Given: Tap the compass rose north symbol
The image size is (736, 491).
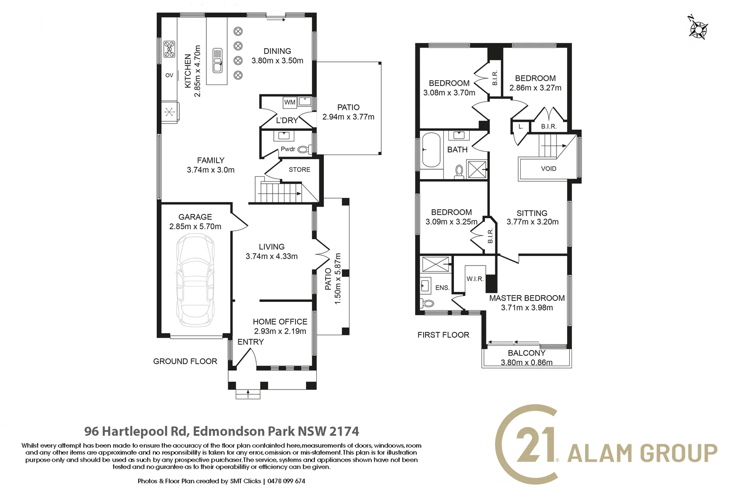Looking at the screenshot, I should [x=698, y=29].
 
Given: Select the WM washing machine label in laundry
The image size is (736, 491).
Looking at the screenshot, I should [x=290, y=102].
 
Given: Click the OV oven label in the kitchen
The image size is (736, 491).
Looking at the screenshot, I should [x=169, y=75].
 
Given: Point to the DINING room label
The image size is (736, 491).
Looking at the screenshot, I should [x=277, y=51].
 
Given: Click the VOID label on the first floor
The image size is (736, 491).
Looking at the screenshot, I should [x=548, y=169].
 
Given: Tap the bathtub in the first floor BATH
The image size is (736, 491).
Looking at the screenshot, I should [x=431, y=150].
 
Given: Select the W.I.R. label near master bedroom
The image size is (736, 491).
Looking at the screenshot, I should [x=475, y=279].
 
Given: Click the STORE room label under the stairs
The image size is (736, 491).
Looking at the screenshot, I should [x=299, y=170].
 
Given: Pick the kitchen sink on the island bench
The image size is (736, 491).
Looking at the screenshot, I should [x=218, y=60].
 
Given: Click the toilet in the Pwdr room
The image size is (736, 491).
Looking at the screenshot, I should [x=303, y=149].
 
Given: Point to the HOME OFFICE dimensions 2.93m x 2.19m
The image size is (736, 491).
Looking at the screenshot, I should [x=280, y=331].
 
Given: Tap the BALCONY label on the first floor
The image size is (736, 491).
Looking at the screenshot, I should [x=527, y=353].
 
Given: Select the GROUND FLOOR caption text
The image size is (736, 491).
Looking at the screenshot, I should [x=185, y=361].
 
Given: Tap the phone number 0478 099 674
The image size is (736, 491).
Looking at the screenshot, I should [x=286, y=481].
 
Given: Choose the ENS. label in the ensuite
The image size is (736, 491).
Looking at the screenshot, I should [x=442, y=288].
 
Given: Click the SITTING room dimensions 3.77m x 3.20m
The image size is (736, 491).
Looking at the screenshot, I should [x=532, y=222].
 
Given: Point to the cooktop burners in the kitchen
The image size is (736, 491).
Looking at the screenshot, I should [x=169, y=49].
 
